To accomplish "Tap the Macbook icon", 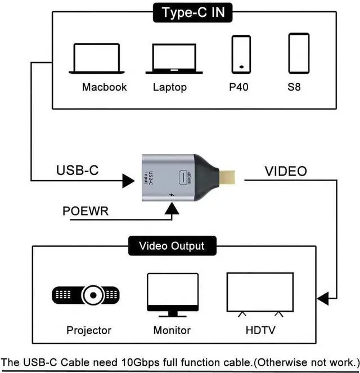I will [96, 59].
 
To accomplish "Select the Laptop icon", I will [173, 59].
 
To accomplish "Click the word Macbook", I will [104, 87].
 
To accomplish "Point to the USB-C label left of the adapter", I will [77, 170].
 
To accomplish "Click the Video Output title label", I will [172, 246].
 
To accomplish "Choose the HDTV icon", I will [259, 294].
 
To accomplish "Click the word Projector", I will [89, 330].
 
